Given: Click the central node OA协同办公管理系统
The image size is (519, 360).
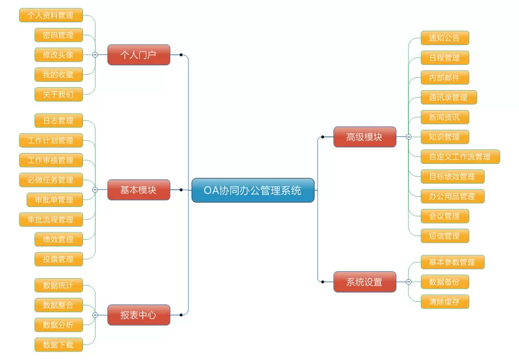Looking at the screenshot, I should point(253,190).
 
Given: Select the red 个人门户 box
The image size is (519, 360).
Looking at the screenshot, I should point(139,54).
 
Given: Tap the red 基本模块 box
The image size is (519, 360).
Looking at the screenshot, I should point(139,190).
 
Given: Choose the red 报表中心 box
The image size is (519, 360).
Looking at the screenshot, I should point(139,315).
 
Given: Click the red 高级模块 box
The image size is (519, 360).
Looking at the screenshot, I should point(364,137).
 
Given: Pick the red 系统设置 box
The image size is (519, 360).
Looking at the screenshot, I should point(364,282).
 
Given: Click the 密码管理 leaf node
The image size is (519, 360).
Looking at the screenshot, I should point(58,35).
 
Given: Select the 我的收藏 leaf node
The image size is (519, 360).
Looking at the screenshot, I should point(58,75).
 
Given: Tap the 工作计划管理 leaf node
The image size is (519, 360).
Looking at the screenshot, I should point(50,140).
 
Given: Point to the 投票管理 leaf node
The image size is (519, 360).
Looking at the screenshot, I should point(58,259).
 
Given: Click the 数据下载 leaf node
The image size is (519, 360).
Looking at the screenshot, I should point(58,344).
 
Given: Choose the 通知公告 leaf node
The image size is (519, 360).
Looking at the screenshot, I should point(444,38).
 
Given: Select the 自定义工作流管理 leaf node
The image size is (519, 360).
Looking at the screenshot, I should point(460,157).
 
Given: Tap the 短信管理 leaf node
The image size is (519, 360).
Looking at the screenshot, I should point(444,236).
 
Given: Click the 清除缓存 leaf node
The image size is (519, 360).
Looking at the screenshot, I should point(444,301).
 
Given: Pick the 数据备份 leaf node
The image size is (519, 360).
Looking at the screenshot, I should point(444,282).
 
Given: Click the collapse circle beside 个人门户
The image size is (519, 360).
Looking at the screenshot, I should point(95,54).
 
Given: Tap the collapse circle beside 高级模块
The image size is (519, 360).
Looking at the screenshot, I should point(408,137).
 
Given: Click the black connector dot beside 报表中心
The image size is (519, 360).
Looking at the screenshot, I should point(181,315).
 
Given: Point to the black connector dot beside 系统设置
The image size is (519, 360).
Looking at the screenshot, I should point(323,282).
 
